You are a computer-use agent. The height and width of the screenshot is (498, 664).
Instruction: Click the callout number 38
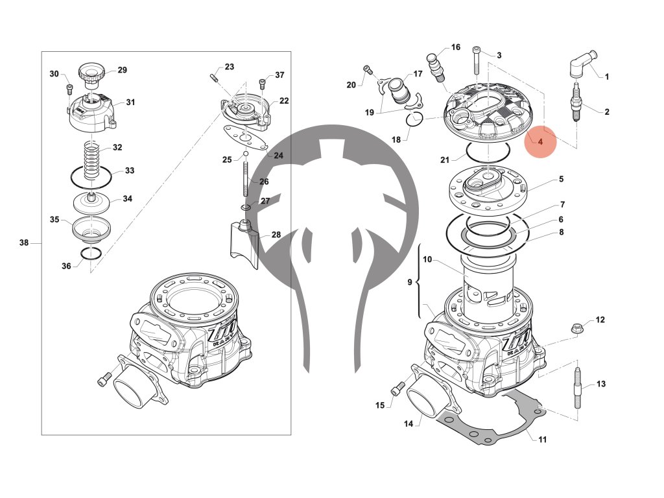pyautogui.click(x=24, y=243)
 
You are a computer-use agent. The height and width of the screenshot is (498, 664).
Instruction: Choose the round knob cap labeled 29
pyautogui.click(x=90, y=73)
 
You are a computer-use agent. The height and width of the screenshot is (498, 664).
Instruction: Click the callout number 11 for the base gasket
pyautogui.click(x=542, y=440)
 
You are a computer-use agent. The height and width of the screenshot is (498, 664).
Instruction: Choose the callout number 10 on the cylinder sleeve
pyautogui.click(x=427, y=259)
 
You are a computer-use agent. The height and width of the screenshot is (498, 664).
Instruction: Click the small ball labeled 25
pyautogui.click(x=246, y=154)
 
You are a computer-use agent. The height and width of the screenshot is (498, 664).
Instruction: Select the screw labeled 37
pyautogui.click(x=262, y=83)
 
